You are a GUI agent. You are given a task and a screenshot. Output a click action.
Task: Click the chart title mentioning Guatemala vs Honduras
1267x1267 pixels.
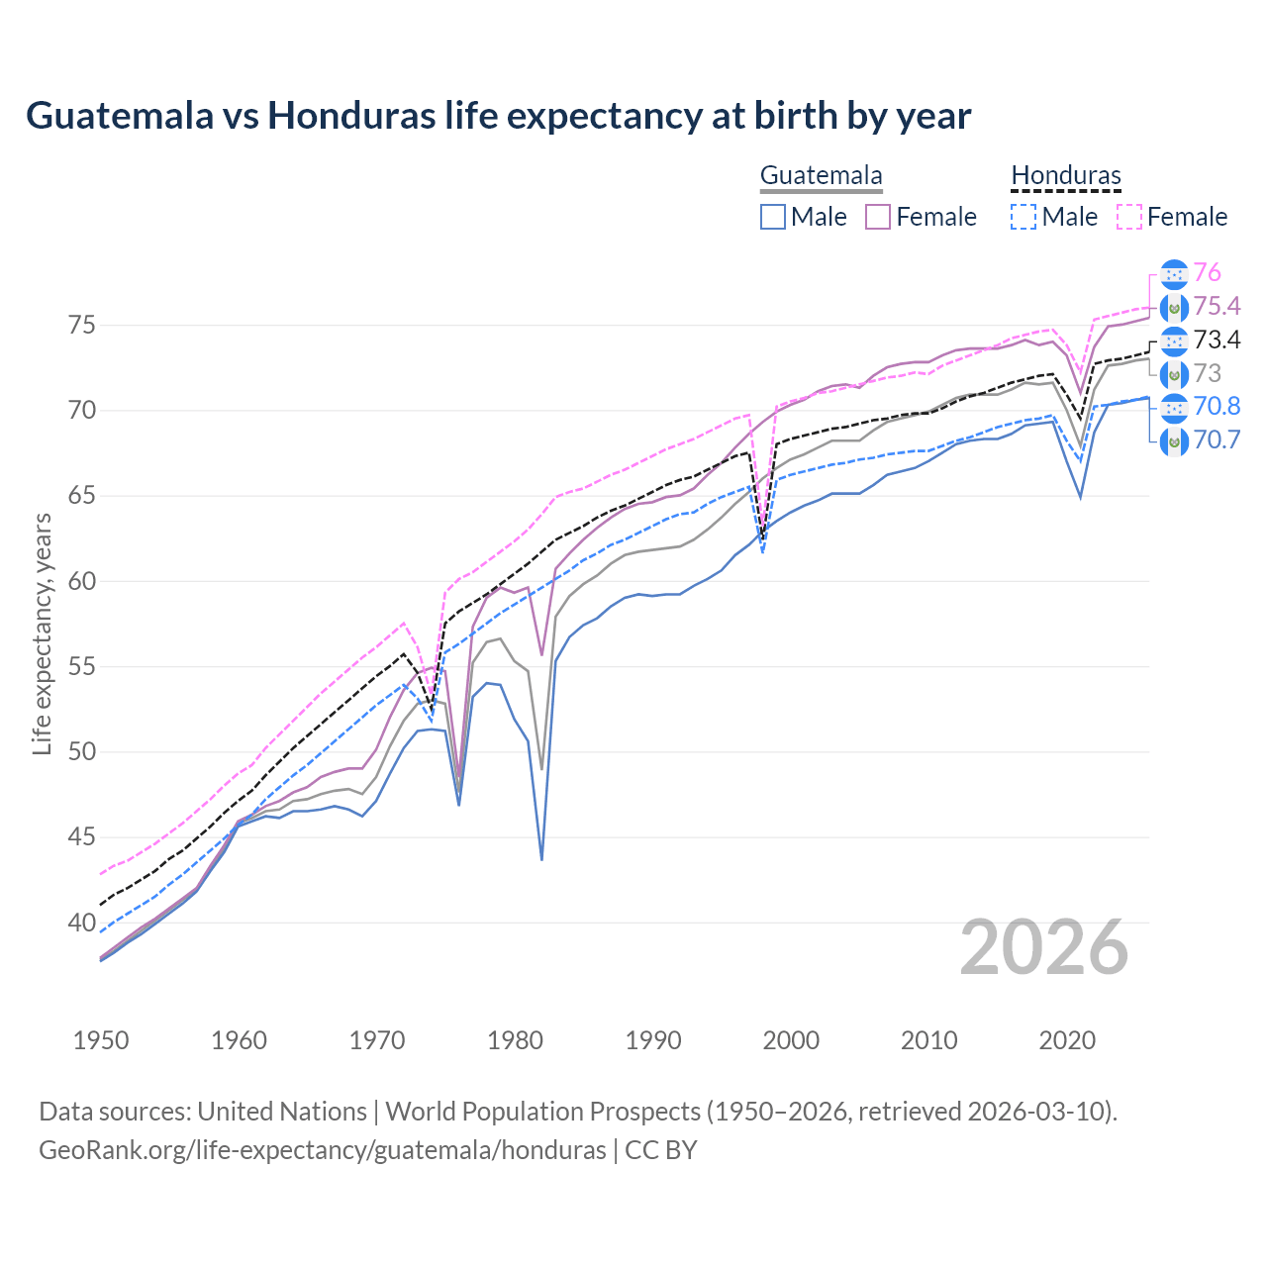pos(498,116)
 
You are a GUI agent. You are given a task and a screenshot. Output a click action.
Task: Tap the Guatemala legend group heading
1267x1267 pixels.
pos(821,176)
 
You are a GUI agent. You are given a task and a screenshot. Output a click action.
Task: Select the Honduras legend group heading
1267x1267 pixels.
pos(1066,176)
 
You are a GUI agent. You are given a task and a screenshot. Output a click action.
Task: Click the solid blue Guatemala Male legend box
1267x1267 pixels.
pos(773,217)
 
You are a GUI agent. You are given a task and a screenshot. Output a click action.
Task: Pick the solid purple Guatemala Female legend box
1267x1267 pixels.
pos(879,217)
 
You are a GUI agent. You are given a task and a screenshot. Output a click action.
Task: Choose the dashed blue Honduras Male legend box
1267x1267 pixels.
pos(1023,217)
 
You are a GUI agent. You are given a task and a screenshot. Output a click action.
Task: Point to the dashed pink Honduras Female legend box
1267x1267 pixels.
pos(1129,217)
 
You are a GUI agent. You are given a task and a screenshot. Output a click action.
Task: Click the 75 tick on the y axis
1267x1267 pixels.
pos(83,325)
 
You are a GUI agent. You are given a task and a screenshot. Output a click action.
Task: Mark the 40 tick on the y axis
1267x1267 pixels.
pos(83,923)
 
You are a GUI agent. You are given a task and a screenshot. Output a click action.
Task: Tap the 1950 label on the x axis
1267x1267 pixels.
pos(101,1040)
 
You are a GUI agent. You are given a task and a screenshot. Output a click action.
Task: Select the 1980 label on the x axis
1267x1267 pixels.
pos(515,1040)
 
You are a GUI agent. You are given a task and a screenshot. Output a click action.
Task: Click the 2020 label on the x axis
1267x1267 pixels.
pos(1067,1040)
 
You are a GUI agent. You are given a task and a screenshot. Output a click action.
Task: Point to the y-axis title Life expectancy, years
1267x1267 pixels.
pos(42,633)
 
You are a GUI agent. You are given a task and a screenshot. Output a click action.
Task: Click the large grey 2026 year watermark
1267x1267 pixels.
pos(1044,947)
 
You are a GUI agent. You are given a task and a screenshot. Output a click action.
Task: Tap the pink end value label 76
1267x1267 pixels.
pos(1207,273)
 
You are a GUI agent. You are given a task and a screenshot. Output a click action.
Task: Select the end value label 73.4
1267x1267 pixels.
pos(1217,341)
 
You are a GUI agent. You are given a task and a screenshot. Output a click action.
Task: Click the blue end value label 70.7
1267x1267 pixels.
pos(1217,439)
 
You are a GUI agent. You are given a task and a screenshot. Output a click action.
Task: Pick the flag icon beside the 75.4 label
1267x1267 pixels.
pos(1174,307)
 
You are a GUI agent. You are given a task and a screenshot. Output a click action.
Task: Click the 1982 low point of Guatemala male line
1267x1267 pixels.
pos(541,857)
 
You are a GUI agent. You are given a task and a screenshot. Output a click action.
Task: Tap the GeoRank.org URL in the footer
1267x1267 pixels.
pos(322,1150)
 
